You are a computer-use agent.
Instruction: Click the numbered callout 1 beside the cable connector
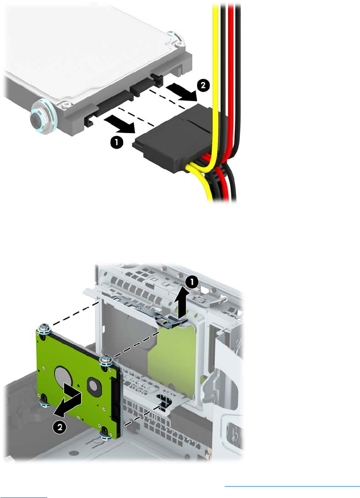coord(117,142)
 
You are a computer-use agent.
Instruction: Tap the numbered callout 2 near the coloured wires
coord(203,85)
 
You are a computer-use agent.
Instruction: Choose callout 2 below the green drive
coord(60,427)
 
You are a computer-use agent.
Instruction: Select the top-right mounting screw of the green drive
coord(105,360)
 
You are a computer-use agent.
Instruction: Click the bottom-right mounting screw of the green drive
coord(105,435)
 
